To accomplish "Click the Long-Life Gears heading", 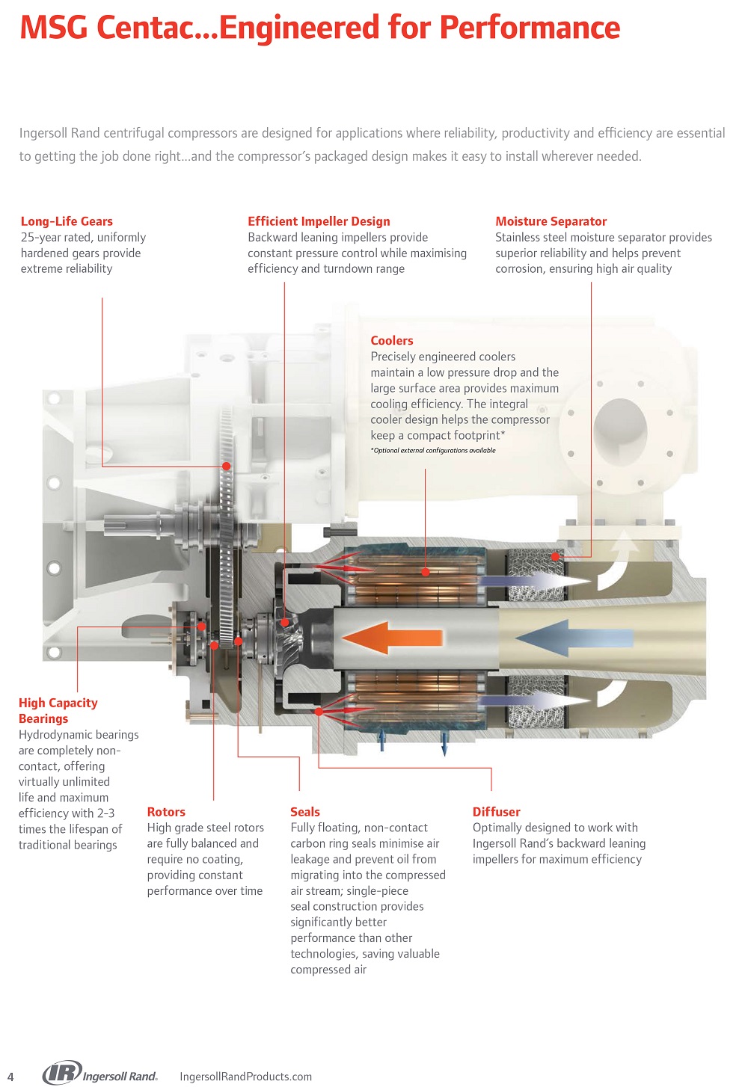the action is [67, 221].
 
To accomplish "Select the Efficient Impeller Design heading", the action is [319, 221].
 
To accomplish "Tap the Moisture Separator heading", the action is [551, 221].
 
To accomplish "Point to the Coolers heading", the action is [392, 341].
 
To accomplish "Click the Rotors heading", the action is [166, 812].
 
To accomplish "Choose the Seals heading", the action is [305, 812].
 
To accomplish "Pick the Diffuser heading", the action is [496, 812].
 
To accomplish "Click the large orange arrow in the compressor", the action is [392, 637].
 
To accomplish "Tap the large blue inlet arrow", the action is [574, 638].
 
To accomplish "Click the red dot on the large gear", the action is [226, 466].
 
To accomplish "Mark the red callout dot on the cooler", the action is [425, 572].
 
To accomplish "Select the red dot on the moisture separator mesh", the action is [556, 557].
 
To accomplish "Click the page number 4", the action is [10, 1077].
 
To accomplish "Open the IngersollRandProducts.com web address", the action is [245, 1077].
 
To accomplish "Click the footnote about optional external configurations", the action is [433, 450].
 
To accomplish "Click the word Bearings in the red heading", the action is [43, 718].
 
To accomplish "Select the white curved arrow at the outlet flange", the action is [613, 562].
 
